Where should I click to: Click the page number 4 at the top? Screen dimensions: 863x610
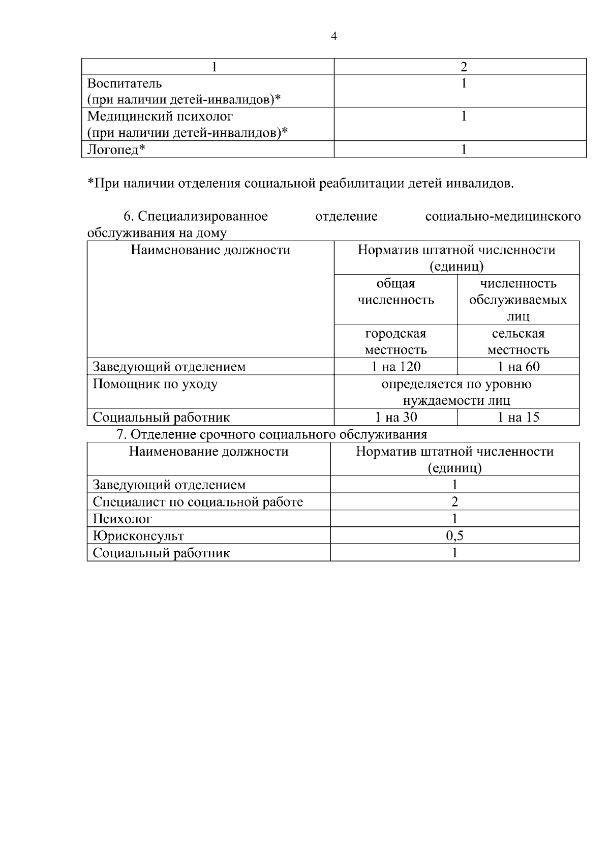point(333,37)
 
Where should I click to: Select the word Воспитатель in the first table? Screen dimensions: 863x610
point(125,83)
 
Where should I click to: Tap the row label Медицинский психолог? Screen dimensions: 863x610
point(160,116)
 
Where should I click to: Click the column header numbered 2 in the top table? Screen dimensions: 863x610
point(463,67)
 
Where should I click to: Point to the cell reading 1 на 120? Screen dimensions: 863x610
point(395,367)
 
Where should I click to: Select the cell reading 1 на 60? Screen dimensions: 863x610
point(518,367)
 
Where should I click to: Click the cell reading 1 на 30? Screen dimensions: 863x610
point(395,418)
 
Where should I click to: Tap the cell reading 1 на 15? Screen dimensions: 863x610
point(518,418)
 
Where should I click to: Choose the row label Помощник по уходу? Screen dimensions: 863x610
point(155,384)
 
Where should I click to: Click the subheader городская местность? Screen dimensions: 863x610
point(395,342)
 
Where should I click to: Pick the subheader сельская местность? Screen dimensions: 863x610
point(518,342)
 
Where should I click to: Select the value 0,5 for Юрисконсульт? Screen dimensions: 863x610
point(454,535)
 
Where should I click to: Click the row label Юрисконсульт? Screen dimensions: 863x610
point(138,536)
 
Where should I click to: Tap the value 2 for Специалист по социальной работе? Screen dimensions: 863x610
point(454,502)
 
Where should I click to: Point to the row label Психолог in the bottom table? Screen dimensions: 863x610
point(122,519)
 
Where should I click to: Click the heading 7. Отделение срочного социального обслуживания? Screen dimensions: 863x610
point(271,435)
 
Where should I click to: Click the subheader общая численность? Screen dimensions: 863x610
point(395,292)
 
